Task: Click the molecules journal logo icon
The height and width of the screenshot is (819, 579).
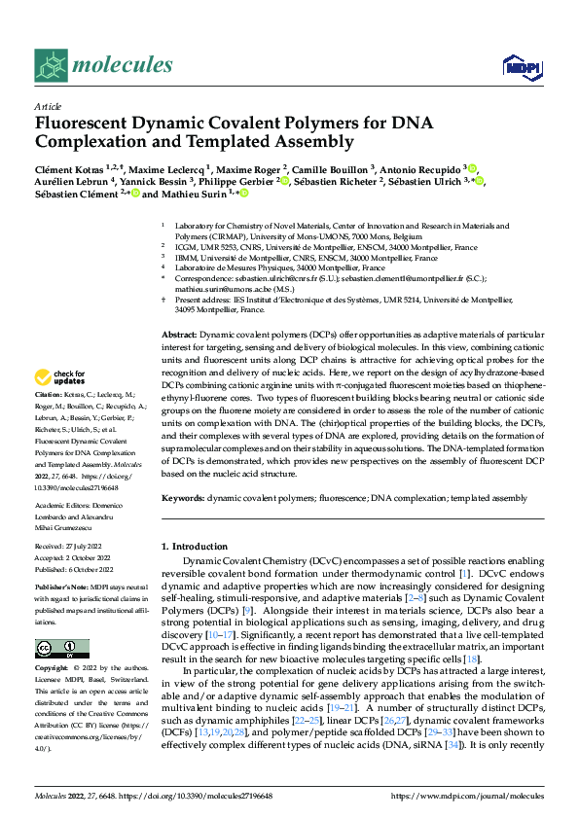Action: point(51,65)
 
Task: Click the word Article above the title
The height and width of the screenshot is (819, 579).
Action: point(48,106)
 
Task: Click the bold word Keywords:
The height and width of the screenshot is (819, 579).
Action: point(182,497)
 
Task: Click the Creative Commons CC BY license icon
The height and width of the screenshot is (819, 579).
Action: point(62,648)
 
